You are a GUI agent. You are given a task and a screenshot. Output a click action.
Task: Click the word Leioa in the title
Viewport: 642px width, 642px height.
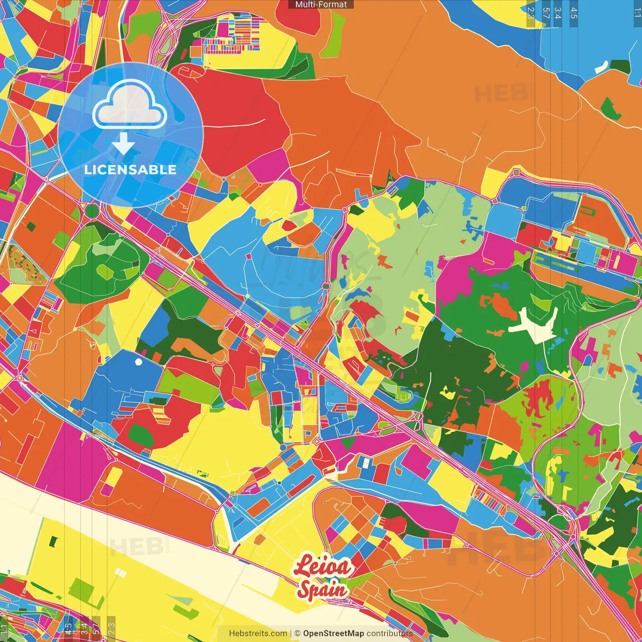pos(322,567)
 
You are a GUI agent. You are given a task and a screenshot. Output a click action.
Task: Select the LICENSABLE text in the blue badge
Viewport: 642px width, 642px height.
pos(130,170)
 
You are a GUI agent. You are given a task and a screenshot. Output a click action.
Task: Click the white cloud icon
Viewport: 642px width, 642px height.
pos(130,104)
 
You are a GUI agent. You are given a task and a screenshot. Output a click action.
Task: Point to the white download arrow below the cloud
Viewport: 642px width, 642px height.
pos(123,144)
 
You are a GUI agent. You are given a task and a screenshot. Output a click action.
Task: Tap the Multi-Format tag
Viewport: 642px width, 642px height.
pos(321,5)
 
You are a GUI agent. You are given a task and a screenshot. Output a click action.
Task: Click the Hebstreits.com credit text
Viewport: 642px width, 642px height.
pos(258,633)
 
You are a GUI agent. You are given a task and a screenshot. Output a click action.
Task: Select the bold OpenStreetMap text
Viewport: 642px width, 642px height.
pos(333,633)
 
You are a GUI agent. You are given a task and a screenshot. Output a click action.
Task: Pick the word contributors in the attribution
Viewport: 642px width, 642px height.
pos(389,633)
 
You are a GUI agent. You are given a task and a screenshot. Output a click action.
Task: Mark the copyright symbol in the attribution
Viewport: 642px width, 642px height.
pos(297,633)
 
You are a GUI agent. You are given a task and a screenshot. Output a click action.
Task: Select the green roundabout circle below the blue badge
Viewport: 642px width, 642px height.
pos(92,211)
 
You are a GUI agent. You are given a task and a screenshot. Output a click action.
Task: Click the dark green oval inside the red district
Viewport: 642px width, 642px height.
pos(141,435)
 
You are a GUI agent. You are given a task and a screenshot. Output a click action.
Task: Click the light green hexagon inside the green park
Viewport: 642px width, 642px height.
pos(106,271)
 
